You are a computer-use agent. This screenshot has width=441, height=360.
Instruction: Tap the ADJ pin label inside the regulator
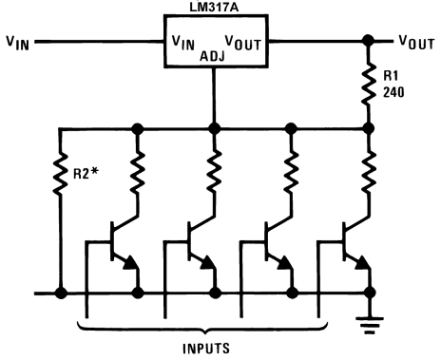click(x=214, y=55)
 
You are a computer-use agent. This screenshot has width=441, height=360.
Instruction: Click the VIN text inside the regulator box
click(x=182, y=42)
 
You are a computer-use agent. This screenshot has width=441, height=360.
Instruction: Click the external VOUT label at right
click(x=415, y=42)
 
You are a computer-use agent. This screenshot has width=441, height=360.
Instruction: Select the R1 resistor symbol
click(x=367, y=84)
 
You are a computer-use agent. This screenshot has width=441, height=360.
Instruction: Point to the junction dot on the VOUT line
click(x=367, y=42)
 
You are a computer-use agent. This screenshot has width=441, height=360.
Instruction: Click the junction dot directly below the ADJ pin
click(x=214, y=127)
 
